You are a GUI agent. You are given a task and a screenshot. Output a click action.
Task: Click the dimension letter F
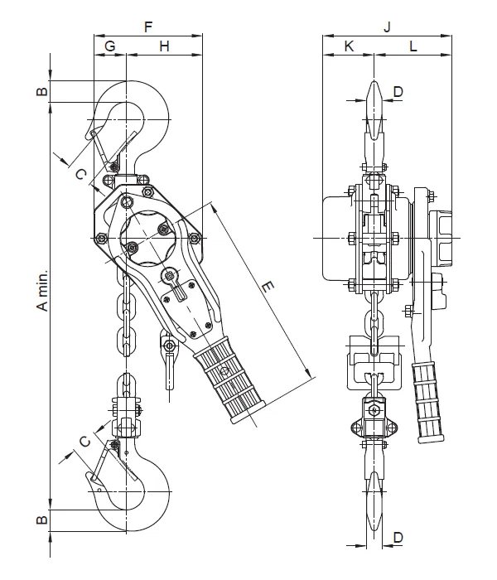[x=148, y=27]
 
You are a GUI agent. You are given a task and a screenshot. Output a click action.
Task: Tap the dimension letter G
[x=110, y=46]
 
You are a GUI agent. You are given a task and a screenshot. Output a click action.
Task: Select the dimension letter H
[x=164, y=46]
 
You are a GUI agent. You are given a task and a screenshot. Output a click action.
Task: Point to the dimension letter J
[x=387, y=27]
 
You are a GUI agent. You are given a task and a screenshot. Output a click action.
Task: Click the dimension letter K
[x=349, y=46]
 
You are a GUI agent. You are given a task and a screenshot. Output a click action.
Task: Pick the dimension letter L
[x=413, y=46]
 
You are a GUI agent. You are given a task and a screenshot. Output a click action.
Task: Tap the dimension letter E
[x=268, y=287]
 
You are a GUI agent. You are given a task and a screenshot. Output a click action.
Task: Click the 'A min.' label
[x=42, y=290]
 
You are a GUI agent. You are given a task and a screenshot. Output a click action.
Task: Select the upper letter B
[x=42, y=91]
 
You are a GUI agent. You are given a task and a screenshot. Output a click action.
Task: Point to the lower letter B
[x=42, y=520]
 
